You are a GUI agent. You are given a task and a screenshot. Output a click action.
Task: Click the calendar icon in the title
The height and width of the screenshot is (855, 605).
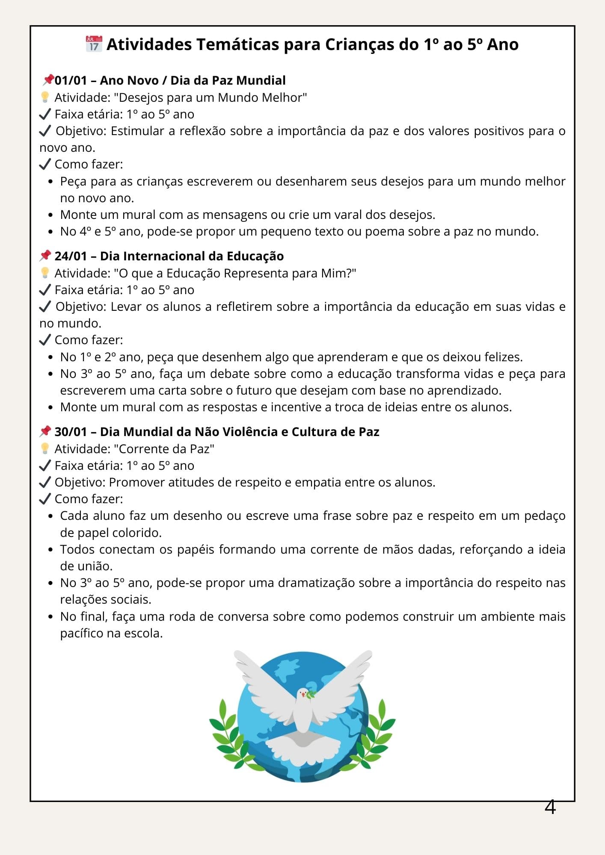[94, 44]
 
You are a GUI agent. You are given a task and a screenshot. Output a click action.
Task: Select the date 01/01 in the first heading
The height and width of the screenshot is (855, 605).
[71, 80]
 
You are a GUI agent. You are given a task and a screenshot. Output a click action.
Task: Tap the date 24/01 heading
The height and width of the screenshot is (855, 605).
[71, 256]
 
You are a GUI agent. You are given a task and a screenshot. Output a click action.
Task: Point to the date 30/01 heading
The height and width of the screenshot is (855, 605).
[71, 432]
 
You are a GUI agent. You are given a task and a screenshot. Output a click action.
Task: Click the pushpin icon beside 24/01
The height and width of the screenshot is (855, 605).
[45, 256]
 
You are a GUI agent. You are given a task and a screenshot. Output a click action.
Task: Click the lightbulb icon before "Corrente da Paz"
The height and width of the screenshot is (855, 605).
[45, 448]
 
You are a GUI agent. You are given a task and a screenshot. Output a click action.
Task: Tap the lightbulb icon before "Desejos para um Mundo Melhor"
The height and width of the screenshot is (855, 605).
[45, 97]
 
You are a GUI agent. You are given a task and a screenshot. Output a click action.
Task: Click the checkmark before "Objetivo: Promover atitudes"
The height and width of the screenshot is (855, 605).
[45, 482]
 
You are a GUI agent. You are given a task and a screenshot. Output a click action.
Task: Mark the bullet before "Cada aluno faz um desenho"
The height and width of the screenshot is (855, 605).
[51, 516]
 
